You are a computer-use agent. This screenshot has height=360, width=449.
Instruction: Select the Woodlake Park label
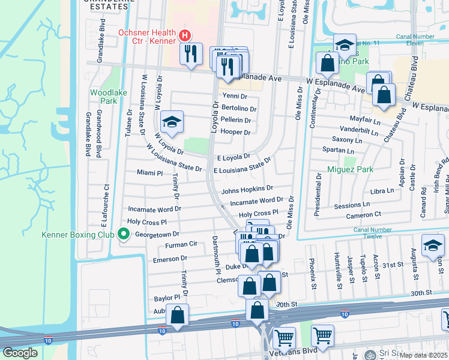coord(103,97)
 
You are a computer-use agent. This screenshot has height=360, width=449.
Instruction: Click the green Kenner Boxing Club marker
coord(124,234)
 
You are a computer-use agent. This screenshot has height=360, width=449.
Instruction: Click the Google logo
coord(20,353)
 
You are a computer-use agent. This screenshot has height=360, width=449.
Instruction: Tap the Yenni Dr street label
coord(235,96)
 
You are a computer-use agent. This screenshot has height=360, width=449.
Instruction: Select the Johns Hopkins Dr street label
coord(247,190)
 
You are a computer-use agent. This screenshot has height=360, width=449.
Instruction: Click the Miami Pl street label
coord(149,173)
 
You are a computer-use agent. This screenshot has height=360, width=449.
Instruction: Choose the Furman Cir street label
coord(181,245)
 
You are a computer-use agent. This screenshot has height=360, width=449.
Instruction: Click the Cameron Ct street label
coord(363,214)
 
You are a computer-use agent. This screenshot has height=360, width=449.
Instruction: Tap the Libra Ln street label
coord(382,191)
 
